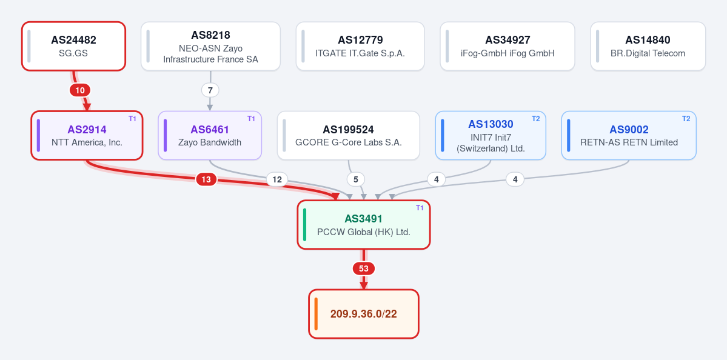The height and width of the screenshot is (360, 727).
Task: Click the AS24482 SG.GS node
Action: click(74, 46)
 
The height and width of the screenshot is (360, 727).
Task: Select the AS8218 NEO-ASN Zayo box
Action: click(210, 46)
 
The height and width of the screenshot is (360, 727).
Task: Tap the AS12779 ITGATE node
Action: click(360, 46)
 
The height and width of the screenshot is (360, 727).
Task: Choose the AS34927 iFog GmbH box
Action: click(508, 46)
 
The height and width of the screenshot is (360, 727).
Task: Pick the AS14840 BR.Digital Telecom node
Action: click(648, 46)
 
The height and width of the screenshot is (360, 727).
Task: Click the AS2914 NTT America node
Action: click(87, 135)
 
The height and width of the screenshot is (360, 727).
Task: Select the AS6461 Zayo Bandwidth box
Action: click(210, 135)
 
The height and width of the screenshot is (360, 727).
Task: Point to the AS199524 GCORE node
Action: click(348, 135)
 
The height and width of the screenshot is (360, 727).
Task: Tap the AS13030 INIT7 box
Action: click(491, 135)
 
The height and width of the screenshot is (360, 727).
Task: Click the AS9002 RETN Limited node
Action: click(629, 135)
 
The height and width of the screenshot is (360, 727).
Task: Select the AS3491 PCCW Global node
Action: click(364, 225)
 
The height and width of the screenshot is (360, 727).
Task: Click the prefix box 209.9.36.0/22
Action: click(364, 314)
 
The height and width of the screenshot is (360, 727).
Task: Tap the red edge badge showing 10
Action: click(80, 90)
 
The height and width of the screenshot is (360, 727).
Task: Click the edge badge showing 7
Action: click(210, 90)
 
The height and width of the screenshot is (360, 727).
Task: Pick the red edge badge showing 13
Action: click(206, 179)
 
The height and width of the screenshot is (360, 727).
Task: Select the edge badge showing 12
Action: click(277, 179)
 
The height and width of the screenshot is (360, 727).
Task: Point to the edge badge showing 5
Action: click(356, 179)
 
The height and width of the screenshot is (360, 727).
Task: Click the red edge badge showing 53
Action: click(364, 268)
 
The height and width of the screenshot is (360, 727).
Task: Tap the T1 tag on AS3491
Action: click(420, 208)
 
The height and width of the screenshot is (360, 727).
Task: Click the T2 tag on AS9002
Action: click(686, 119)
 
